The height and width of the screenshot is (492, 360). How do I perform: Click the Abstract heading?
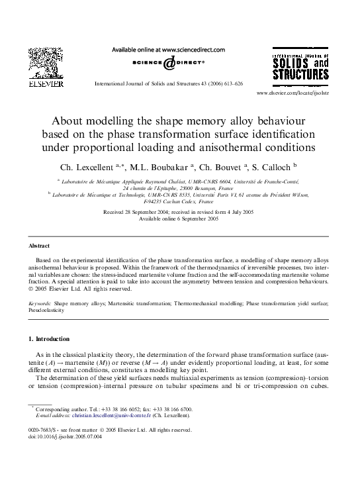(40, 245)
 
